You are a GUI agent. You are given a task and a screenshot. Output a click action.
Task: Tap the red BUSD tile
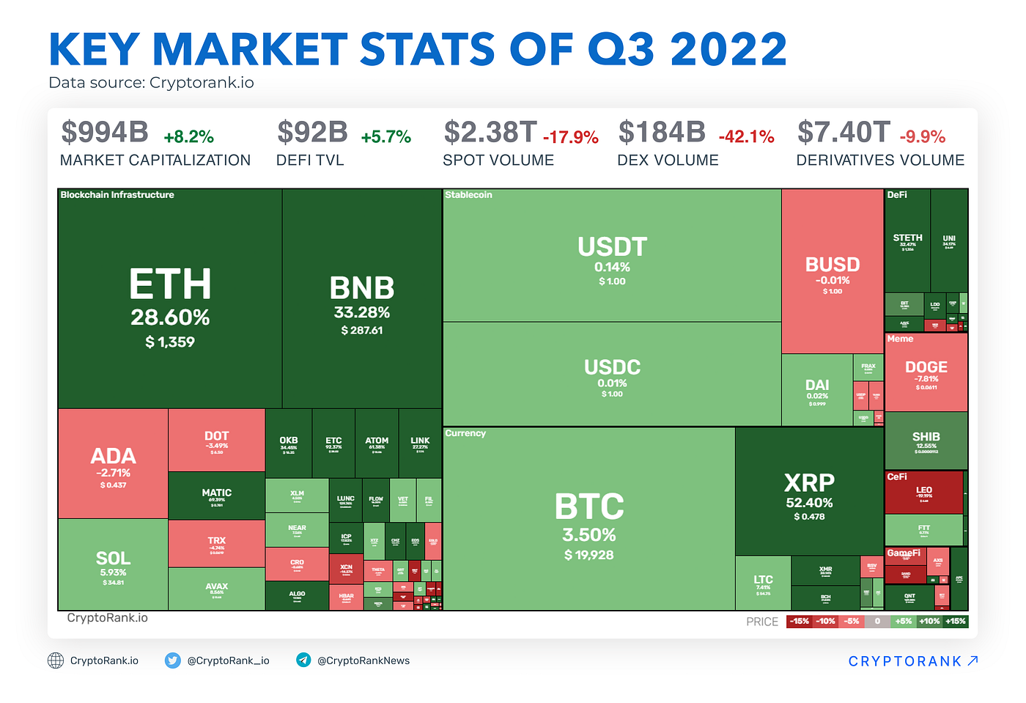[833, 271]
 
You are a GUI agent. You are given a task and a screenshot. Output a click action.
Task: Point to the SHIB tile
[926, 441]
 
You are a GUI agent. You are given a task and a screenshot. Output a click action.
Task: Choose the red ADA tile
[113, 465]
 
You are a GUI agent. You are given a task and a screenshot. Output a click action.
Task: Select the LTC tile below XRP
[763, 584]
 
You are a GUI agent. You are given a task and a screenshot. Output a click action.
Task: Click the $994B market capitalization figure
[105, 133]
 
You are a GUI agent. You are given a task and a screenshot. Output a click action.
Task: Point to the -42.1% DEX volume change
[746, 137]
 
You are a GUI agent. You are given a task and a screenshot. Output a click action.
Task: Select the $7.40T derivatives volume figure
[844, 133]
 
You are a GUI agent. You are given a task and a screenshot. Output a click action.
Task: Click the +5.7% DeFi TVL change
[385, 137]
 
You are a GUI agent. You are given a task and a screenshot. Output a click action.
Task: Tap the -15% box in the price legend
[799, 622]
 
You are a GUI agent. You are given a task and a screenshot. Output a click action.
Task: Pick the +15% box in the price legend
[956, 622]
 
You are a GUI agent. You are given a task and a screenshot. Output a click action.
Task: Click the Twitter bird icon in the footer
[172, 660]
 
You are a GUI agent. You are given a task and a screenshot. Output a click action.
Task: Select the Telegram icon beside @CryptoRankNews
[303, 660]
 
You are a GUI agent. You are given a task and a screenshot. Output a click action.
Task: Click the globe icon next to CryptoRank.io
[56, 660]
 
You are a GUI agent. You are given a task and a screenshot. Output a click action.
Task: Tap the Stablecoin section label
[468, 195]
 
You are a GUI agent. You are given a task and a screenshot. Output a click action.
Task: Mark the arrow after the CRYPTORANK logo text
[973, 660]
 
